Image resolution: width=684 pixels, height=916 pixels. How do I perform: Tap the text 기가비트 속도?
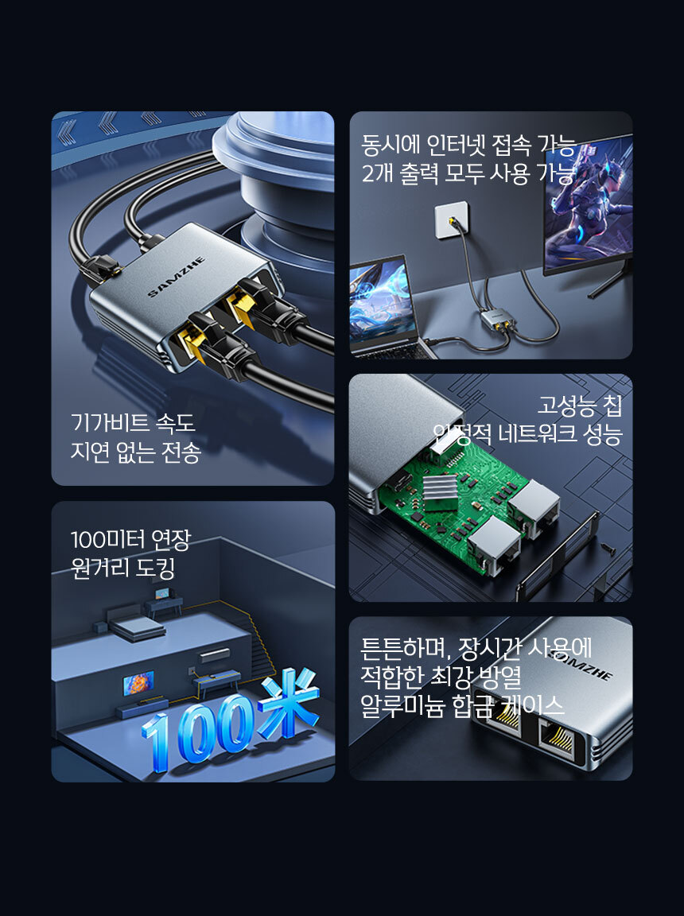point(133,423)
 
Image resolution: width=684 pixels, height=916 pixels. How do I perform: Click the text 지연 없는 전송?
point(136,452)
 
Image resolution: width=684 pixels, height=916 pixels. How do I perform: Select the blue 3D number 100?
point(199,729)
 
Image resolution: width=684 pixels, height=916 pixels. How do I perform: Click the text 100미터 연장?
point(131,540)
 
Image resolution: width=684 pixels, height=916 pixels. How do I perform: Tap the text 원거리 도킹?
point(122,568)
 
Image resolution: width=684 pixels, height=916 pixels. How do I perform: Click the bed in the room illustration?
point(138,628)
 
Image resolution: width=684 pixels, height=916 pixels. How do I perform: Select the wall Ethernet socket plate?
point(452,219)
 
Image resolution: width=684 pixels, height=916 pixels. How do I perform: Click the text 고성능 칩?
point(580,405)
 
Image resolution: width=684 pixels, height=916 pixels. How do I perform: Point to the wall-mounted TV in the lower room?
point(138,682)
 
